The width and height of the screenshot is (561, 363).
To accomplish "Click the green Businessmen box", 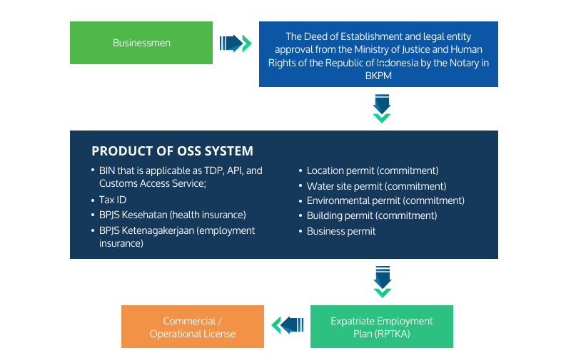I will pyautogui.click(x=141, y=43).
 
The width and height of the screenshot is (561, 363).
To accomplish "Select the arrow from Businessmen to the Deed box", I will pyautogui.click(x=236, y=44).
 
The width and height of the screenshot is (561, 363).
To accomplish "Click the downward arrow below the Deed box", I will pyautogui.click(x=382, y=109).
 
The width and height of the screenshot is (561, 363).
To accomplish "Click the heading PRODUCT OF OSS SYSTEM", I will pyautogui.click(x=172, y=151).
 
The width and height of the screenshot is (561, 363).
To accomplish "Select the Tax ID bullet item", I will pyautogui.click(x=113, y=200).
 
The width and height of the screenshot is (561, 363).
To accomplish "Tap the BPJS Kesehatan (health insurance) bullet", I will pyautogui.click(x=172, y=215).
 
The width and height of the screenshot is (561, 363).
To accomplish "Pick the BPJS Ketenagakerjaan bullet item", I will pyautogui.click(x=176, y=237).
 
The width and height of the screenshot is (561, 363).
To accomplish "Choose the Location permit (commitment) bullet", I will pyautogui.click(x=372, y=170).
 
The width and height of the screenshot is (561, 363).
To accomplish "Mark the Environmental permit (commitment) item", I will pyautogui.click(x=385, y=200).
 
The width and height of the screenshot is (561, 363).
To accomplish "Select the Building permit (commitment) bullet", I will pyautogui.click(x=371, y=215).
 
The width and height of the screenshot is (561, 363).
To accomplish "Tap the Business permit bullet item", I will pyautogui.click(x=341, y=231).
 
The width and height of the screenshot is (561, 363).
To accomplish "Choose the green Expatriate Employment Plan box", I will pyautogui.click(x=382, y=327).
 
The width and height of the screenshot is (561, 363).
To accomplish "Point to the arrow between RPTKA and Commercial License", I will pyautogui.click(x=288, y=326).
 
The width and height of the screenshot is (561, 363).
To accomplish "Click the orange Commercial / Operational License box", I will pyautogui.click(x=193, y=327).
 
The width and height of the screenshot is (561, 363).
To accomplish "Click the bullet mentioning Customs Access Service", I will pyautogui.click(x=177, y=177).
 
